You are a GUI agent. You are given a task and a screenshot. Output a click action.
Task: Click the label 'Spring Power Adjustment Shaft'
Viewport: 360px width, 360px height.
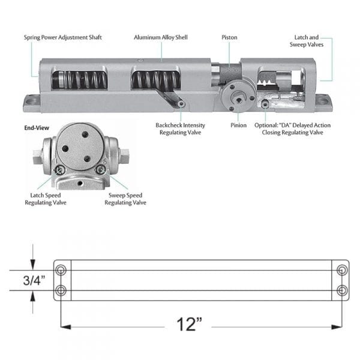pos(63,37)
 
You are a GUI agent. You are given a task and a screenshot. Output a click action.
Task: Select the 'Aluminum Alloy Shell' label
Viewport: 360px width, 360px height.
pos(160,37)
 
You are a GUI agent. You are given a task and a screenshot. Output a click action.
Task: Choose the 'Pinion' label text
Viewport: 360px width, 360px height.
pos(238,125)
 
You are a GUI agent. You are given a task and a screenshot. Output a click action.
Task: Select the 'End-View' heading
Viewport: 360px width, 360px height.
pos(36,128)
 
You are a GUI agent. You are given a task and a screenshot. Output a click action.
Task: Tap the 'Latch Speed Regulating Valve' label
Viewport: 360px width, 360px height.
pos(46,199)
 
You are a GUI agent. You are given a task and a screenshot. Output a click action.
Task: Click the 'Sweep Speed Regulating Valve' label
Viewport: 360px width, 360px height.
pos(125,199)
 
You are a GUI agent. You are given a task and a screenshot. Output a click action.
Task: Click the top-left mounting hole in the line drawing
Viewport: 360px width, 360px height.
pos(61,270)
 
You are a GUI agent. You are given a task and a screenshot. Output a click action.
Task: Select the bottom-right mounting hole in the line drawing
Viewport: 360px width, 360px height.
pos(342,290)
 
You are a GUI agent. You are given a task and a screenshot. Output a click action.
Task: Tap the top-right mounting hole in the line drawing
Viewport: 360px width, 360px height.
pos(342,270)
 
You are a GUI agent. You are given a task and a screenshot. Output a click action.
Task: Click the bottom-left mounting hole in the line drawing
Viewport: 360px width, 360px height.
pos(61,290)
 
